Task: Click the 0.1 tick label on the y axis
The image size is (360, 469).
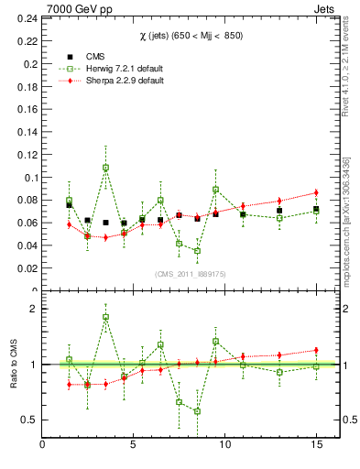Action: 27,177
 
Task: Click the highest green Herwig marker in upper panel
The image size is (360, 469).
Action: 105,168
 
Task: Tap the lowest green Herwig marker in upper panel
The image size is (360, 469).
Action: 197,251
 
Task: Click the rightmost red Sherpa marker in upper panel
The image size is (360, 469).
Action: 315,192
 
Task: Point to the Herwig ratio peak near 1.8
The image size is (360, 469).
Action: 105,317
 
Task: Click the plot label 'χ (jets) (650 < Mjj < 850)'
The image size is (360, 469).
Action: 180,36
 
